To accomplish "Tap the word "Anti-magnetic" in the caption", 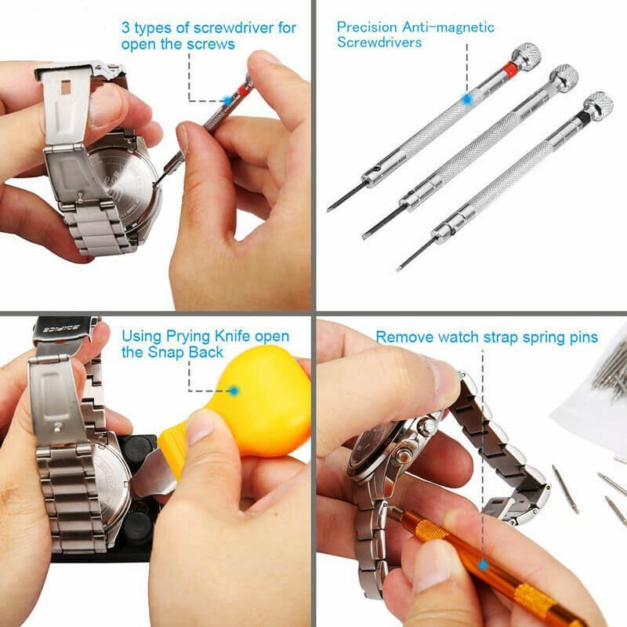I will (447, 27).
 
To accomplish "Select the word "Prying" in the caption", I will (187, 336).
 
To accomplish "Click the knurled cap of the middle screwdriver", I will (563, 77).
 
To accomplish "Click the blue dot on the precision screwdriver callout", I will (466, 100).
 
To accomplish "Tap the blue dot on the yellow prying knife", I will (233, 390).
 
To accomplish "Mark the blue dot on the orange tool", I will (483, 563).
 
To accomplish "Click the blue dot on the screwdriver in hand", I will (227, 100).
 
